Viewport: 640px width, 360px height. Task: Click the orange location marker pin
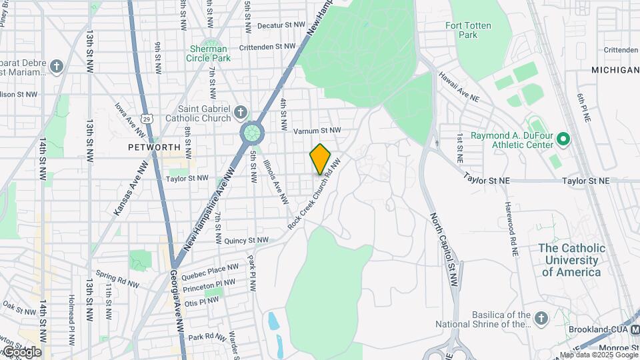320,159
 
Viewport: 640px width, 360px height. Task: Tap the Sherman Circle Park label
209,53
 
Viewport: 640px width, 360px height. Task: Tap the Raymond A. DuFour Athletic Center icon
563,140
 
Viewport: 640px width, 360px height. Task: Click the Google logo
21,351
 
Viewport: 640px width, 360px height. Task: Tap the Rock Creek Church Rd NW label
315,194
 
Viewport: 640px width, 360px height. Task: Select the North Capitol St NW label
443,250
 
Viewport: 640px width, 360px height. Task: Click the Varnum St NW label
317,130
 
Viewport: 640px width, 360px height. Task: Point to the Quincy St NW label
246,240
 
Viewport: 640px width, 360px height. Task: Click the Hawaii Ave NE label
459,87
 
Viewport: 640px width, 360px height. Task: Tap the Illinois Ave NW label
275,182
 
